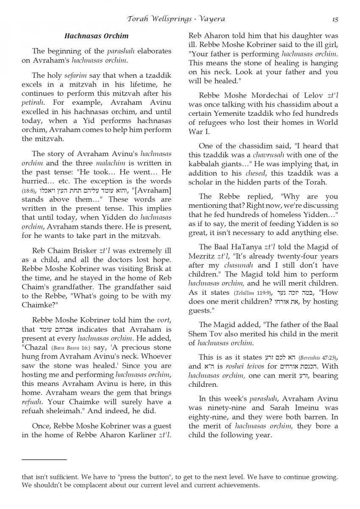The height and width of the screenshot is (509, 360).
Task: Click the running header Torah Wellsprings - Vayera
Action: (176, 19)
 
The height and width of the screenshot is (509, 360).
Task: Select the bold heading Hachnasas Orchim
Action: (96, 36)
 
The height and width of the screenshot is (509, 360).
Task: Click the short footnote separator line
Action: (44, 459)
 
